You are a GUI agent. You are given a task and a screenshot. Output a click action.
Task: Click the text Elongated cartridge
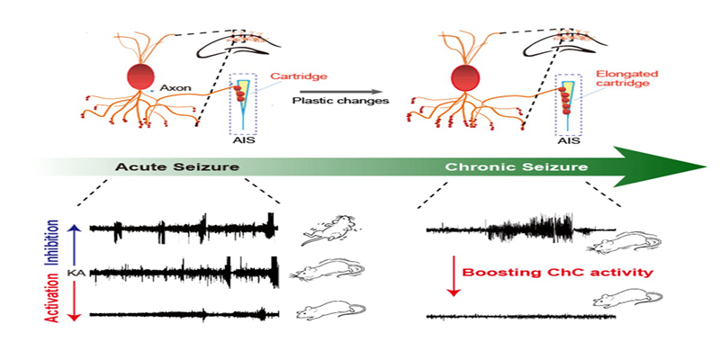(x=622, y=82)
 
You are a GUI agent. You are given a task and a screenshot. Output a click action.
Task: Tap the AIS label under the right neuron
(x=567, y=140)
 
